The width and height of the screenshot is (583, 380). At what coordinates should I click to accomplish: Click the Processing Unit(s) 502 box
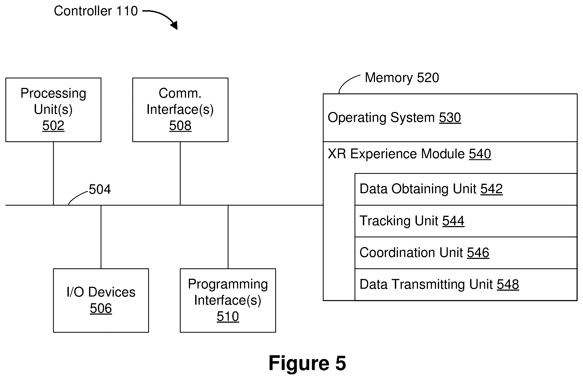tap(53, 110)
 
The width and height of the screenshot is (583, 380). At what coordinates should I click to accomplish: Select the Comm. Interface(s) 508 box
tap(180, 110)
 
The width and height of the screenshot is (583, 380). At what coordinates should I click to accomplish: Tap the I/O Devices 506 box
tap(101, 300)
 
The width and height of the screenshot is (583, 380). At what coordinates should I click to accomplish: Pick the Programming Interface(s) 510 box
tap(228, 300)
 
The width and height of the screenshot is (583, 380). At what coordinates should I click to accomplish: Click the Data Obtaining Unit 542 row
tap(466, 189)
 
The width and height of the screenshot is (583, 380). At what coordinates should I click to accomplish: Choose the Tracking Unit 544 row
tap(466, 221)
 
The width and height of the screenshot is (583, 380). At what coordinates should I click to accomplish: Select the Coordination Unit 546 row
tap(466, 253)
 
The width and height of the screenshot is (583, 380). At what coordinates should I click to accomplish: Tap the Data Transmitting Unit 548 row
tap(466, 284)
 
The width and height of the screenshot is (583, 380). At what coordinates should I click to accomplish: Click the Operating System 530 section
tap(450, 118)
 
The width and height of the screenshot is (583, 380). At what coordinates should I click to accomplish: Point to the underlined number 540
tap(480, 154)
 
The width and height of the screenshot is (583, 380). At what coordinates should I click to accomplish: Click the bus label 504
tap(100, 189)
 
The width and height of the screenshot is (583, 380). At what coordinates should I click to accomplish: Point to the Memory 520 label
tap(402, 78)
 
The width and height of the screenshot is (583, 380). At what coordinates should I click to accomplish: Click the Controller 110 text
tap(96, 11)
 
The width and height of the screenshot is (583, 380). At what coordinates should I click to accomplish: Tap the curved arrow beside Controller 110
tap(163, 16)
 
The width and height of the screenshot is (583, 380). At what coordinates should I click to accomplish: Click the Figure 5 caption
tap(307, 363)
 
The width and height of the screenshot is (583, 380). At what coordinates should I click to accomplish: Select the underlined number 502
tap(53, 126)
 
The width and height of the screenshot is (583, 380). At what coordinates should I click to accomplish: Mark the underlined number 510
tap(228, 316)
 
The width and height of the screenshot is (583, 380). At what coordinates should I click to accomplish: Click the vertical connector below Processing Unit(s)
tap(53, 173)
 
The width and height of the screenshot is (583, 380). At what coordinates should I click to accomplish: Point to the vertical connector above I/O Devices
tap(101, 237)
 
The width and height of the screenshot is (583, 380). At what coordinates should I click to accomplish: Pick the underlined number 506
tap(101, 308)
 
